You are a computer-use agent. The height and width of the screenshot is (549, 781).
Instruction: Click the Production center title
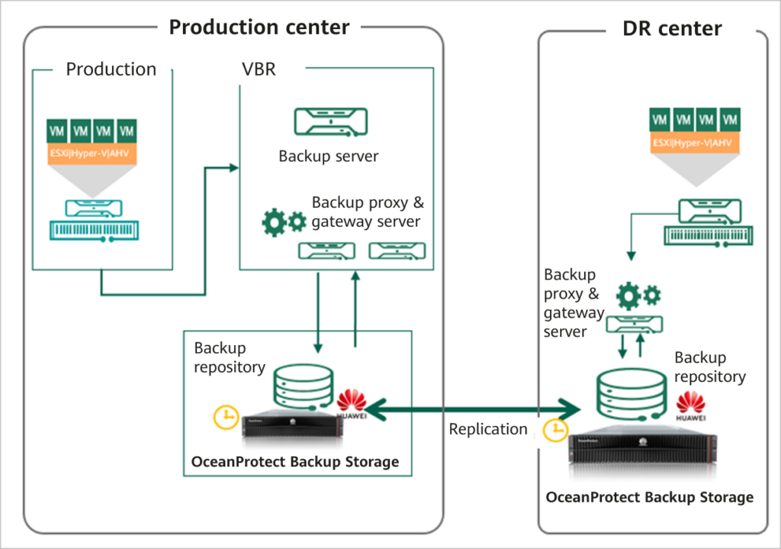pos(259,27)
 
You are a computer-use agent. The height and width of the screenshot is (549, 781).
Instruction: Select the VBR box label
pos(258,69)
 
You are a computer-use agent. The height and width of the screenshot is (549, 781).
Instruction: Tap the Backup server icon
pos(331,122)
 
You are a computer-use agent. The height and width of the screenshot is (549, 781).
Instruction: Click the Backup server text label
pos(328,157)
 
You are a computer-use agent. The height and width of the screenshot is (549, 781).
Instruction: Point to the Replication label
pos(488,429)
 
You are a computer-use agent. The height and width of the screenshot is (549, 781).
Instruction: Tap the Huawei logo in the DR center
pos(690,407)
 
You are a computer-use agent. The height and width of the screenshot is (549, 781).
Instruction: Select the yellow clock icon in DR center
pos(555,431)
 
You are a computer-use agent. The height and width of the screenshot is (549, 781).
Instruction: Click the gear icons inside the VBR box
pos(284,221)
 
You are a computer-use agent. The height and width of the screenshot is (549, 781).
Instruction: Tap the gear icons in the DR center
pos(638,295)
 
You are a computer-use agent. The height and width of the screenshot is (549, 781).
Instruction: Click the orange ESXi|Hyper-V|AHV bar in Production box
pos(92,153)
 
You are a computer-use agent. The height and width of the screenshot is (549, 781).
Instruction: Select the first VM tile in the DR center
pos(660,119)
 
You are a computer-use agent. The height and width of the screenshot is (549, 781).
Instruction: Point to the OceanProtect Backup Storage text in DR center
pos(649,497)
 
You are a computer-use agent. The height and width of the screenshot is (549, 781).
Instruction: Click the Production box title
pos(111,69)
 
